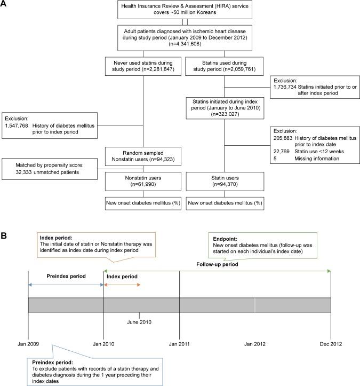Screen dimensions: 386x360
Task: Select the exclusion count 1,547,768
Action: tap(18, 124)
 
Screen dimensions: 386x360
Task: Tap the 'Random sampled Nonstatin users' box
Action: tap(142, 155)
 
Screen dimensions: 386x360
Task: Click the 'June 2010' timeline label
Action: tap(139, 322)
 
